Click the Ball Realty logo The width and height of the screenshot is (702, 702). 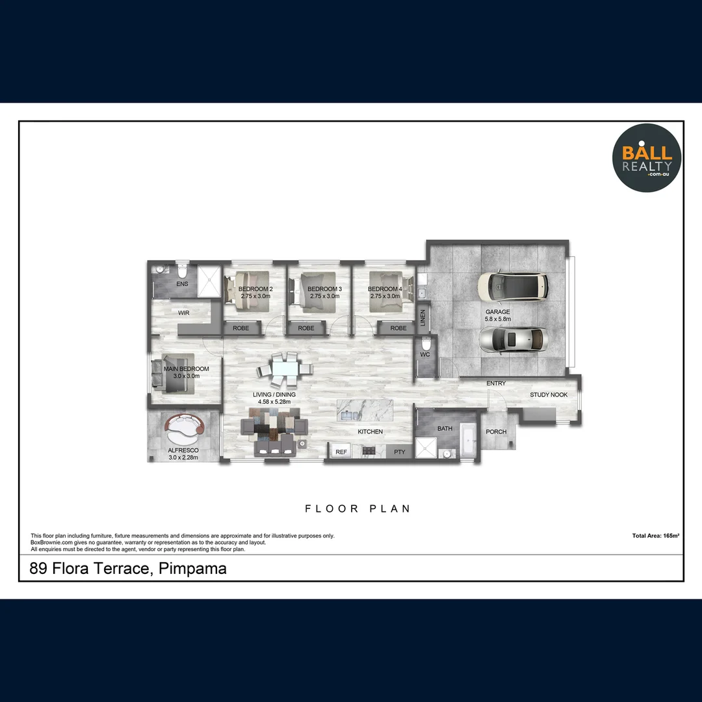click(x=647, y=159)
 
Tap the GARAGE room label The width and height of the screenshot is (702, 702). click(x=498, y=312)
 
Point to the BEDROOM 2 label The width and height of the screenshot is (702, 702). click(x=255, y=289)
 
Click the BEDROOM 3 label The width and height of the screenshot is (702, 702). click(x=324, y=289)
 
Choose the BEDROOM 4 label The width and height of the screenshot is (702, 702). click(x=385, y=289)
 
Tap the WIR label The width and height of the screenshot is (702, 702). click(x=184, y=313)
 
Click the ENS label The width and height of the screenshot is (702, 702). click(x=182, y=284)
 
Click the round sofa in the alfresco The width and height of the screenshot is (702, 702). click(x=185, y=426)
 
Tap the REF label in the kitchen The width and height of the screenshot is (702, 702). click(x=341, y=452)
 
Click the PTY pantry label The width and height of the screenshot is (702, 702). click(x=399, y=452)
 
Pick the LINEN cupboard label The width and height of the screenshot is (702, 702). click(x=423, y=318)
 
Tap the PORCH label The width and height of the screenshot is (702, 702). click(x=497, y=432)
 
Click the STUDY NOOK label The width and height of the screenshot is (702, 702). click(x=549, y=395)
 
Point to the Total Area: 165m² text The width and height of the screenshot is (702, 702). click(x=655, y=536)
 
